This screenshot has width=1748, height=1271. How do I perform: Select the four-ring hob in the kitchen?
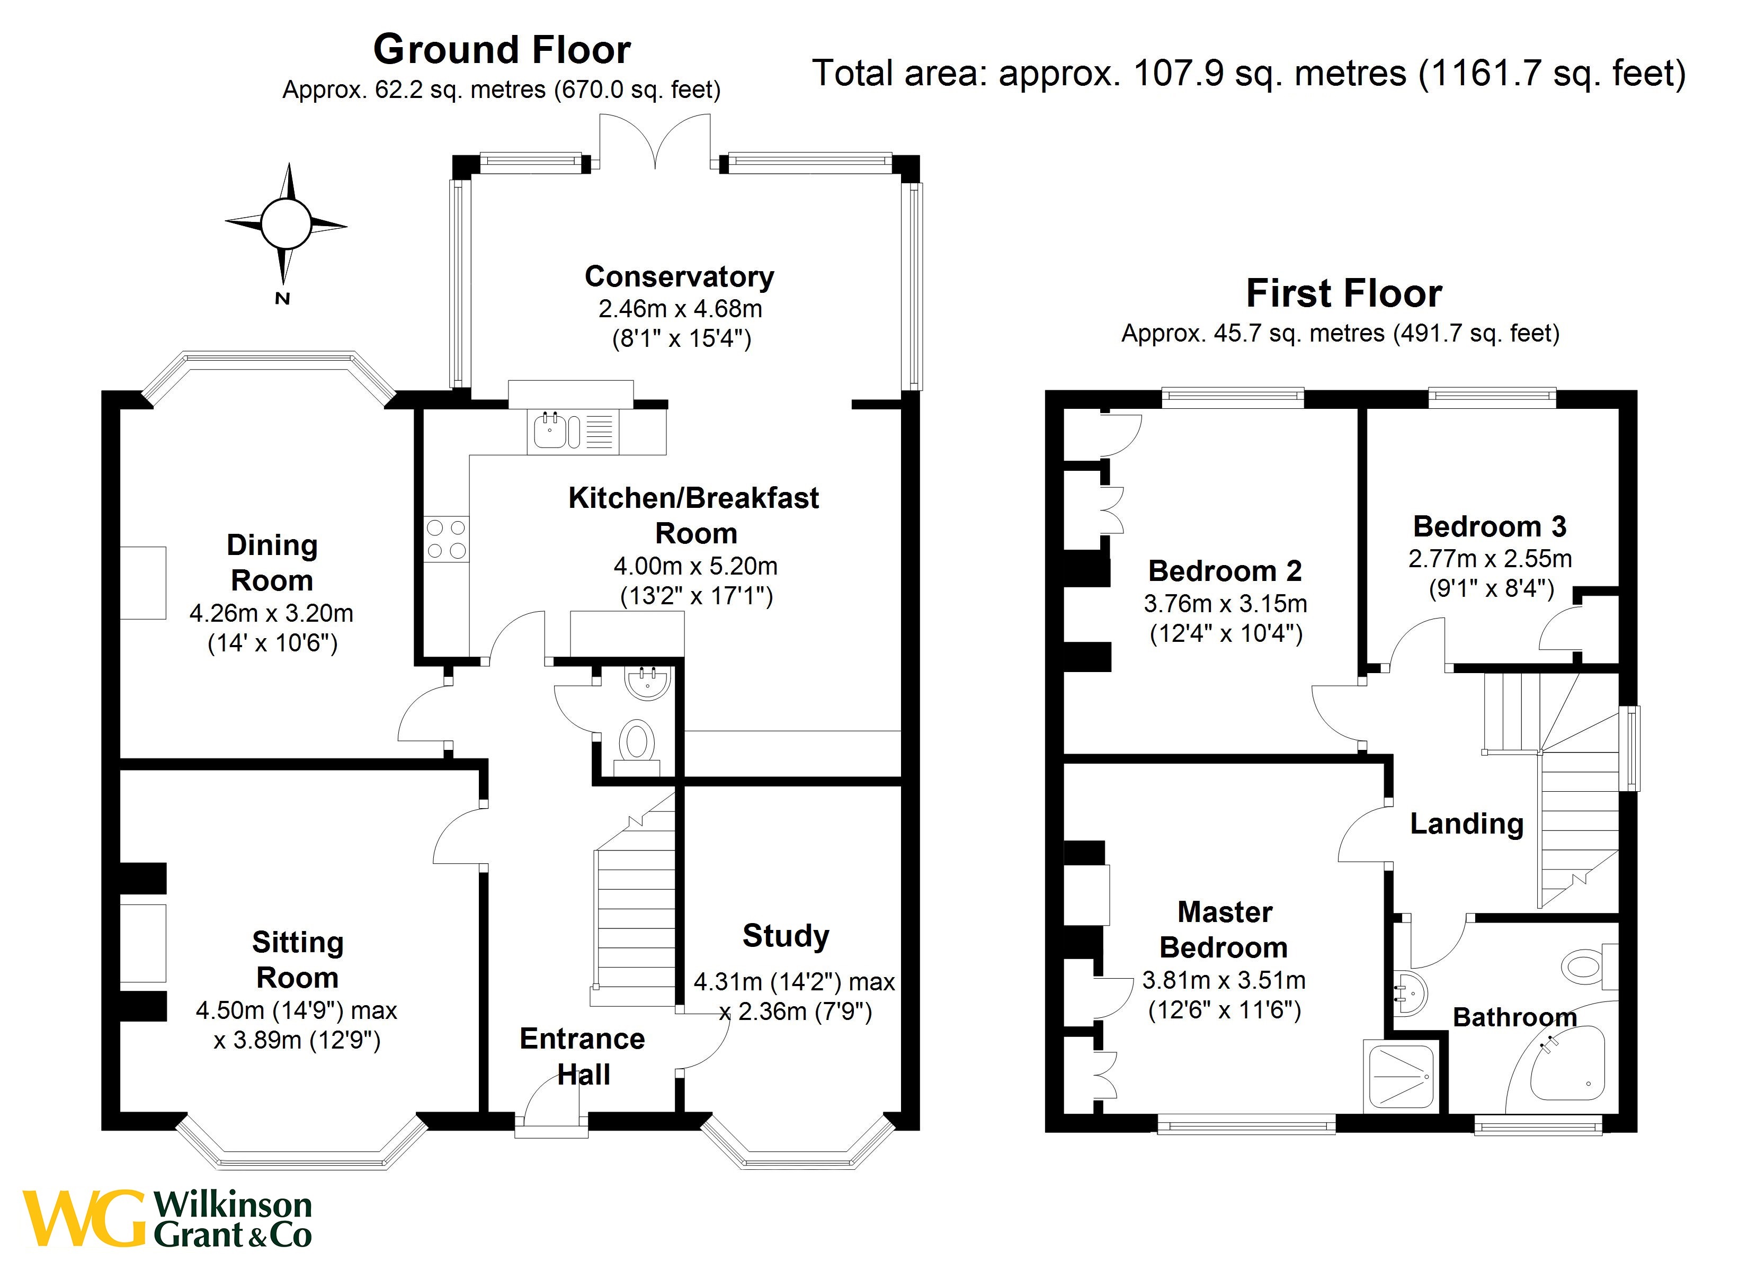coord(446,539)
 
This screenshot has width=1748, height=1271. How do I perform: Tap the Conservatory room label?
coord(679,276)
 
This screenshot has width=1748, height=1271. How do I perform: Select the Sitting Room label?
coord(298,960)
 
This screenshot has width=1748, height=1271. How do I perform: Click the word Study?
coord(786,936)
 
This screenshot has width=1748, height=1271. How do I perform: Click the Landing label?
coord(1466,824)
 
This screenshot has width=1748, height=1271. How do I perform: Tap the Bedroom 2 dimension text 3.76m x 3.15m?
coord(1225,604)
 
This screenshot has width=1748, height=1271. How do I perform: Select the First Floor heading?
coord(1343,294)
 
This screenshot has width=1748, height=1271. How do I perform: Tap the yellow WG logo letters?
coord(83,1219)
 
